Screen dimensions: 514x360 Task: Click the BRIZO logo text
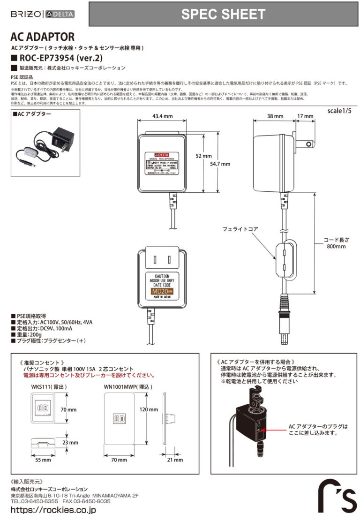coord(25,14)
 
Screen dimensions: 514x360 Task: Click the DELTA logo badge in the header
coord(60,14)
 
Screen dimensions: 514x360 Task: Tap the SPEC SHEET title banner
coord(223,14)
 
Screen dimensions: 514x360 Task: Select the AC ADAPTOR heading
coord(42,37)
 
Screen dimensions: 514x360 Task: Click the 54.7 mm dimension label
coord(220,164)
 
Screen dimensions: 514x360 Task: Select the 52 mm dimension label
coord(204,156)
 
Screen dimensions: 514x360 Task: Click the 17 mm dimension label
coord(305,116)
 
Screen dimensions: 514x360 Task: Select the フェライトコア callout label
coord(240,229)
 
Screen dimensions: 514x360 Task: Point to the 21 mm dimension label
coord(175,460)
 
